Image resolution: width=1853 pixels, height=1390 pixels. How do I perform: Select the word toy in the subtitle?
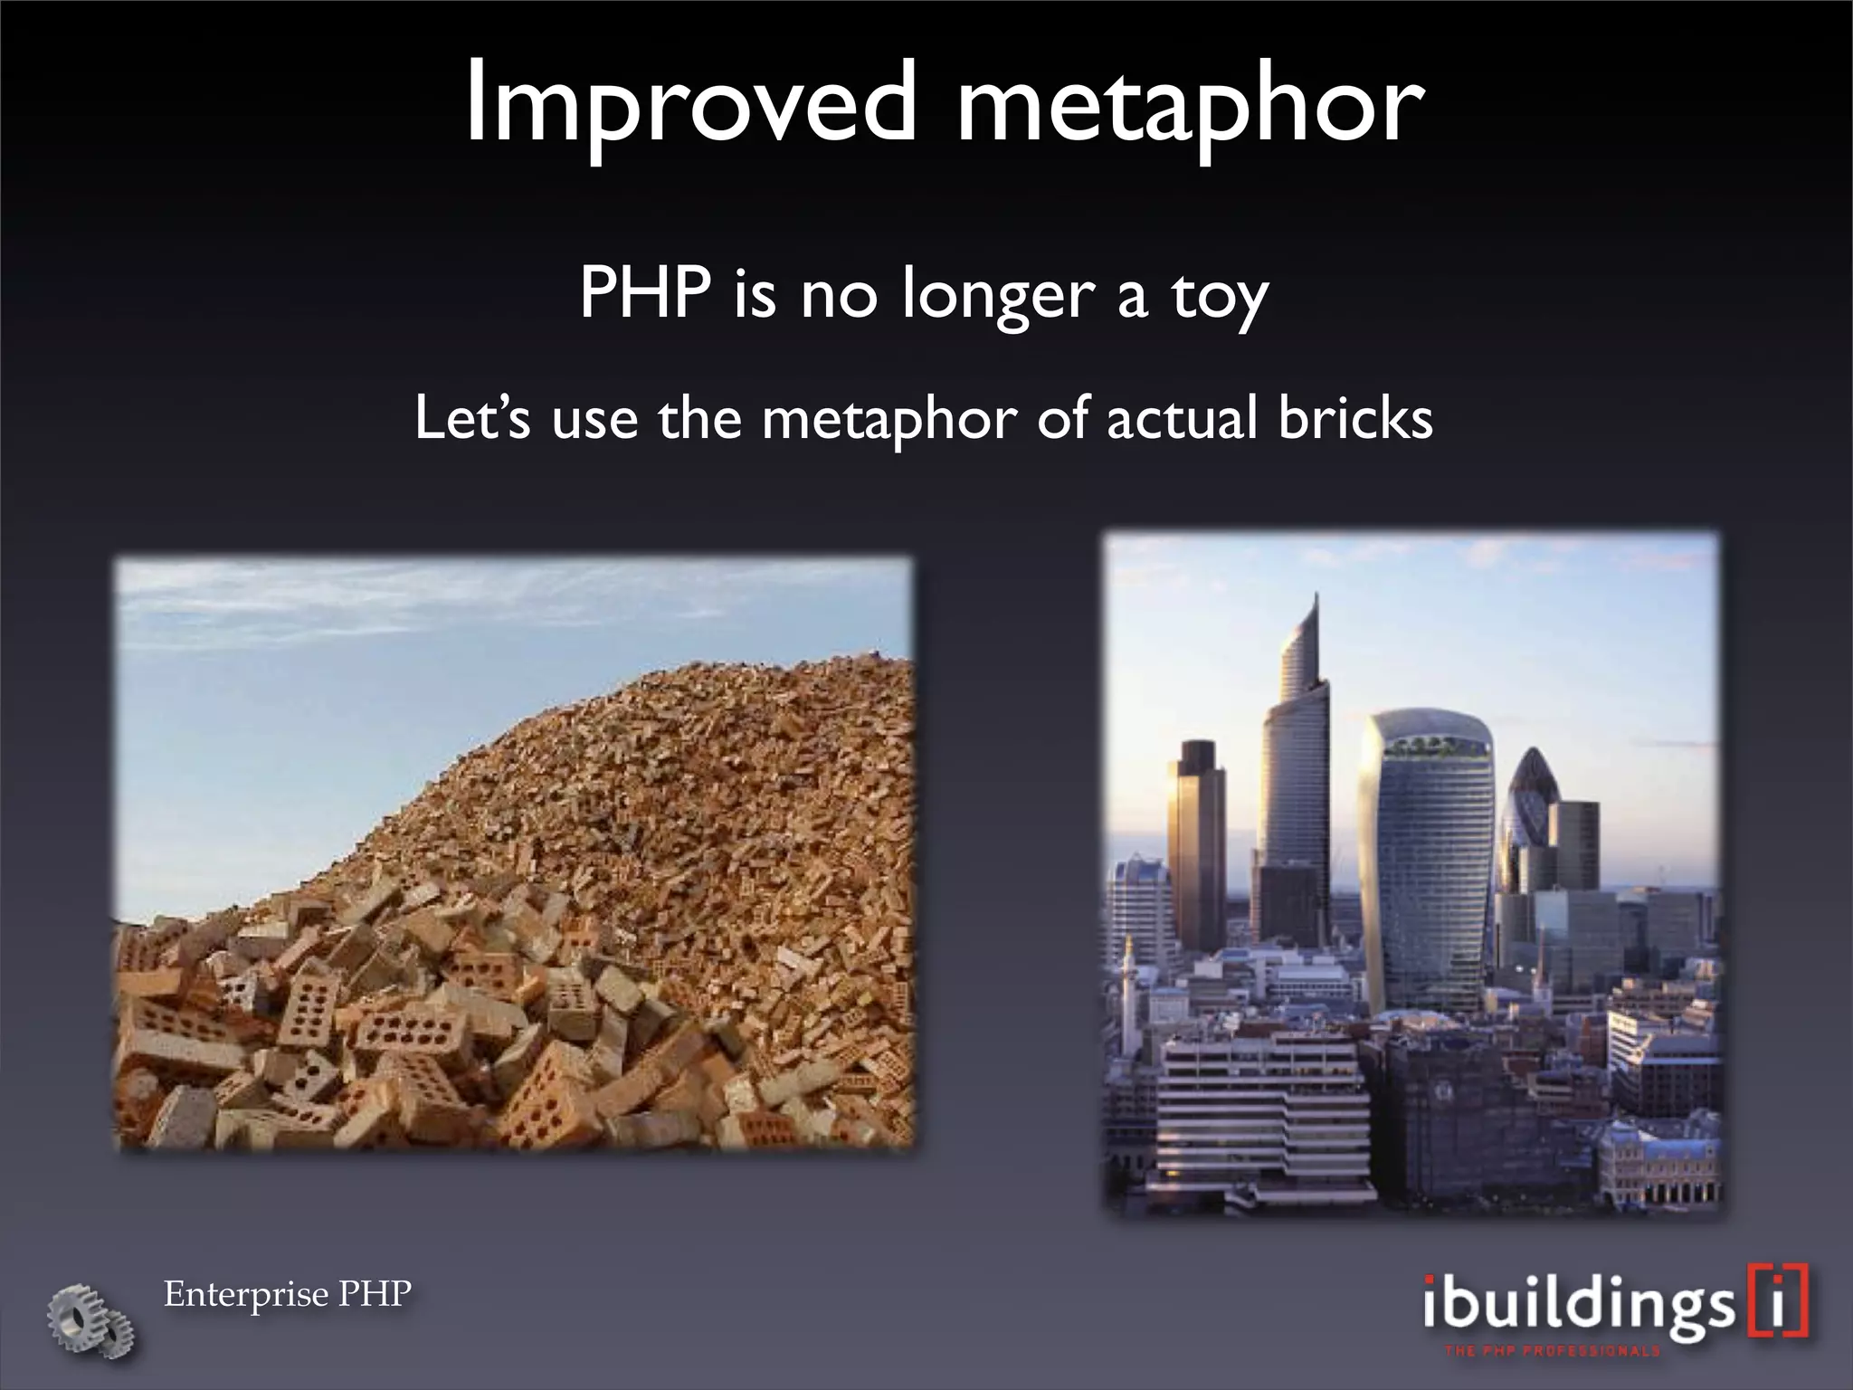coord(1220,296)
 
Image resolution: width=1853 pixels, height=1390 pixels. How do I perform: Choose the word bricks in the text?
coord(1355,419)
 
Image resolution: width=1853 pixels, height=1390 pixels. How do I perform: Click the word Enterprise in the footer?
coord(246,1294)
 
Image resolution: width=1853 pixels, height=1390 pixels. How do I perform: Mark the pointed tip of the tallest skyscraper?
coord(1316,597)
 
